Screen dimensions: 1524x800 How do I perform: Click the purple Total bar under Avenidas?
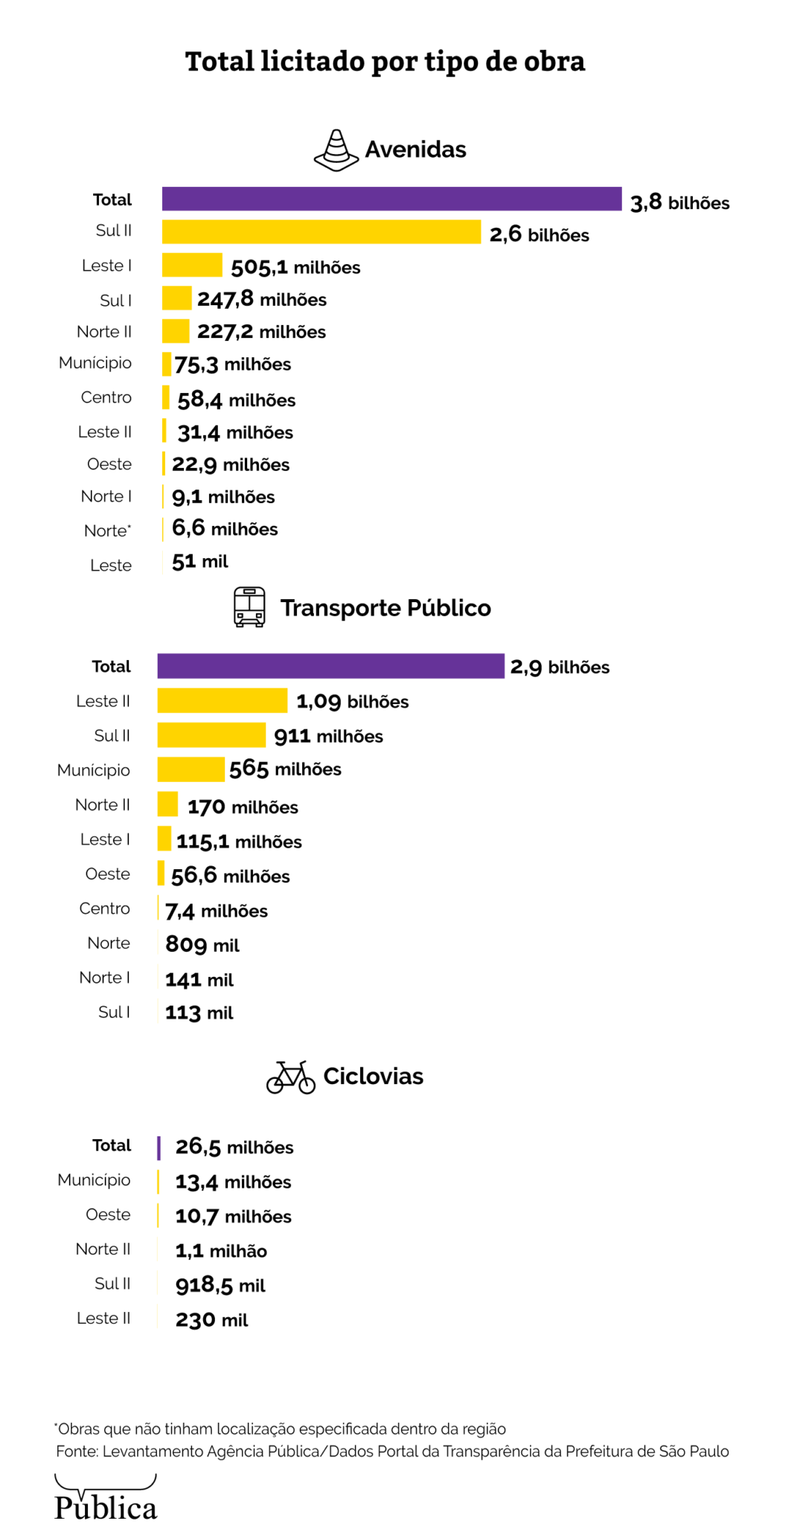[x=391, y=199]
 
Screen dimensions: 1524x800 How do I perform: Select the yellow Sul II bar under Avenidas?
[x=321, y=231]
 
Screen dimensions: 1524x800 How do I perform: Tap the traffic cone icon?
[x=336, y=150]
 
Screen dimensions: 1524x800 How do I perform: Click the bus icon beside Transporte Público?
[x=249, y=606]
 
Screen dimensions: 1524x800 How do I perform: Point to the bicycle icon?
[x=290, y=1077]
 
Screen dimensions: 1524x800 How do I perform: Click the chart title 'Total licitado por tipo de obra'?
[x=385, y=62]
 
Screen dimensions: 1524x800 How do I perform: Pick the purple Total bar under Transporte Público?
[x=330, y=665]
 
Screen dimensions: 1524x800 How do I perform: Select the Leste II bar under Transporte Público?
[x=222, y=700]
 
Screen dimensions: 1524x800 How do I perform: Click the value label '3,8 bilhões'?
[x=679, y=202]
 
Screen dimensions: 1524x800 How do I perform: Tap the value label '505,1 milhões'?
[x=295, y=267]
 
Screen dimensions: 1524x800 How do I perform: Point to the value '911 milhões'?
[x=328, y=736]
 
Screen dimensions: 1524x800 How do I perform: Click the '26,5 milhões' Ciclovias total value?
[x=234, y=1147]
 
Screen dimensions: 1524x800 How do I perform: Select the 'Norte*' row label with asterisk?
[x=107, y=531]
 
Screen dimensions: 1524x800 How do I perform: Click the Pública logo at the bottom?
[x=106, y=1497]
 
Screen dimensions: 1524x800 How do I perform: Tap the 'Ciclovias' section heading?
[x=373, y=1076]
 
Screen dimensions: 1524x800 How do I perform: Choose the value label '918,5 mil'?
[x=220, y=1285]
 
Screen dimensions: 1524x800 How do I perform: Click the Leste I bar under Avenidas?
[x=192, y=265]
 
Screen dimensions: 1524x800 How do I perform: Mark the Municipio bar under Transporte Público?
[x=191, y=769]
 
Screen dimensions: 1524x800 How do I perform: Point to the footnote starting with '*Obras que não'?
[x=280, y=1429]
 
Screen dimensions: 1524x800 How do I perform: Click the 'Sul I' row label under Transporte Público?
[x=114, y=1012]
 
